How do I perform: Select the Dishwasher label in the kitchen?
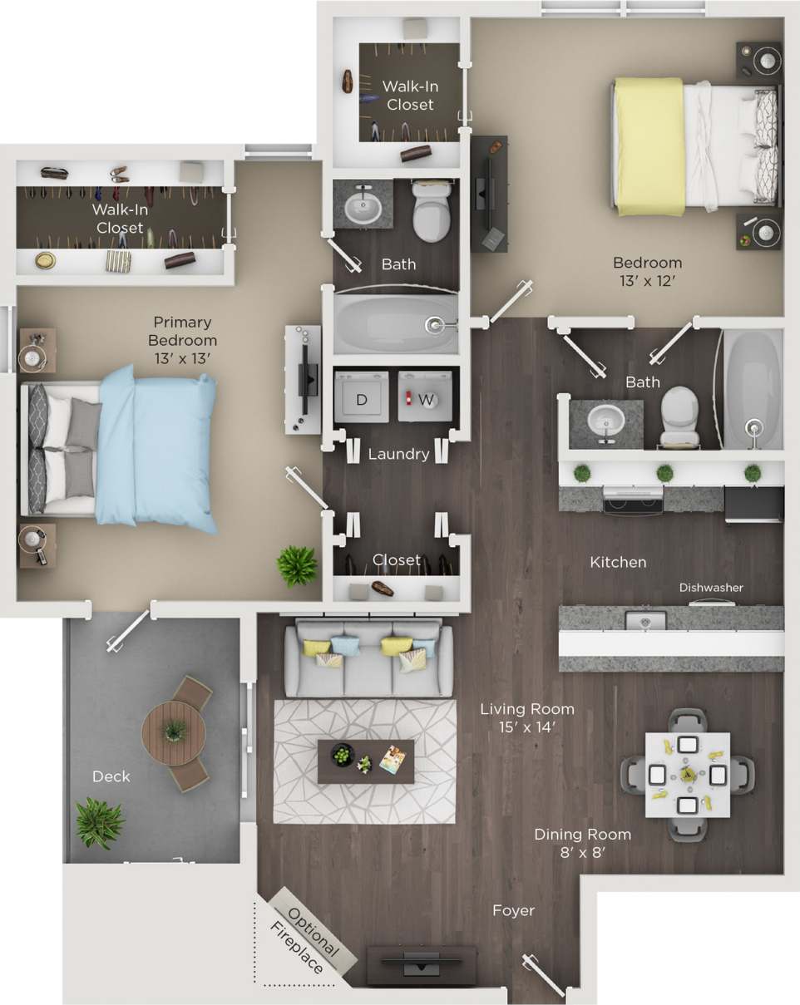(x=711, y=588)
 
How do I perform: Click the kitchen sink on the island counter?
(x=645, y=620)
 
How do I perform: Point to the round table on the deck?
(x=174, y=733)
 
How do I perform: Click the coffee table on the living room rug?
(x=366, y=761)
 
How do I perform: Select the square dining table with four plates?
(x=688, y=774)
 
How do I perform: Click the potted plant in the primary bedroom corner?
(x=297, y=566)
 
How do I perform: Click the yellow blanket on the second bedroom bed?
(x=650, y=146)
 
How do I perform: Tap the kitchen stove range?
(x=632, y=500)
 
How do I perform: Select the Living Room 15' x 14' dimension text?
(x=527, y=717)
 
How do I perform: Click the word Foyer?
(x=513, y=911)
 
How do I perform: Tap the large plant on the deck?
(x=99, y=822)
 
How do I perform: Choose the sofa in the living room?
(x=368, y=658)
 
